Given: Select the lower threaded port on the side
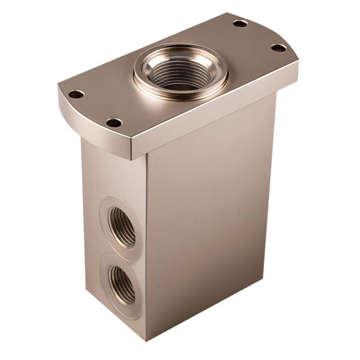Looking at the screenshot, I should coord(122,284).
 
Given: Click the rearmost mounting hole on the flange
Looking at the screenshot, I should coord(240,23).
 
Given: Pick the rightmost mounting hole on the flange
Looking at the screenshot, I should coord(278,47).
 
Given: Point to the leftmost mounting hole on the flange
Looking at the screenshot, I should coord(76,94).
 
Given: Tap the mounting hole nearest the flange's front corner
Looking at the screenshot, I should coord(114,122).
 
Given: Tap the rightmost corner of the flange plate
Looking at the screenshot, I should coord(298,72).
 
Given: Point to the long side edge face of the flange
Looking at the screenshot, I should coord(216,117).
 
